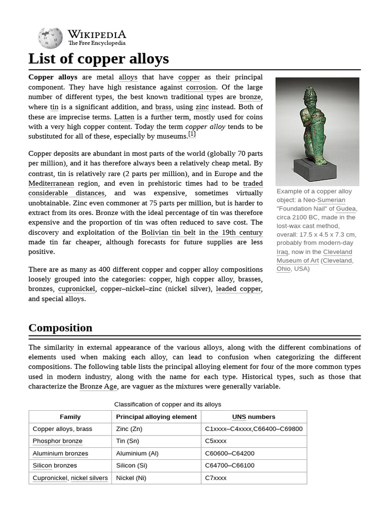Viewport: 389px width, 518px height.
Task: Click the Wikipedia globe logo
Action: pos(50,38)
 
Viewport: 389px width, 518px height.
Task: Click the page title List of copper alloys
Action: pos(98,59)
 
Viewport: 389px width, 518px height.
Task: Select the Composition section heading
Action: pos(60,328)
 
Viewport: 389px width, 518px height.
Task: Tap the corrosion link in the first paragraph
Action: pos(201,87)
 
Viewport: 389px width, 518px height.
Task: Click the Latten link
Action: pos(124,117)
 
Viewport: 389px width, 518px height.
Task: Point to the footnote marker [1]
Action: pos(192,134)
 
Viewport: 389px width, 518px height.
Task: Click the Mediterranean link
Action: pos(51,183)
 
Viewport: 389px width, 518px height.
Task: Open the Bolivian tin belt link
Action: pos(168,232)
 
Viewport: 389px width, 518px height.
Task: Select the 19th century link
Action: pos(236,232)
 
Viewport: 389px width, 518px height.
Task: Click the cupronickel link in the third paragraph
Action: pos(76,289)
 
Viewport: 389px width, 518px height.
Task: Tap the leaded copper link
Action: pos(239,289)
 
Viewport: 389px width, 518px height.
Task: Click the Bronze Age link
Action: pos(98,386)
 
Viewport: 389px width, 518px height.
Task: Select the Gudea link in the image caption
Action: pos(346,209)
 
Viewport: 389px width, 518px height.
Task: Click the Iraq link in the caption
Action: pos(282,252)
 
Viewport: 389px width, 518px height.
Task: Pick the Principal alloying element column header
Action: pos(156,417)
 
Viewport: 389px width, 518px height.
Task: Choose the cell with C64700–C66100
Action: pos(229,465)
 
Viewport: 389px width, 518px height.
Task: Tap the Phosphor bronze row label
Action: pos(57,441)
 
